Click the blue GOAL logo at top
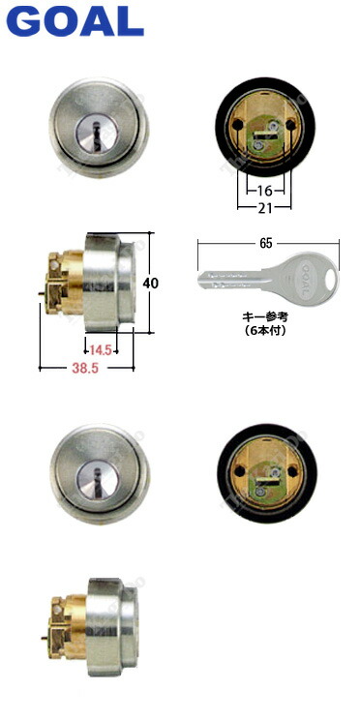pyautogui.click(x=73, y=22)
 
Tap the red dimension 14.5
pyautogui.click(x=101, y=348)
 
